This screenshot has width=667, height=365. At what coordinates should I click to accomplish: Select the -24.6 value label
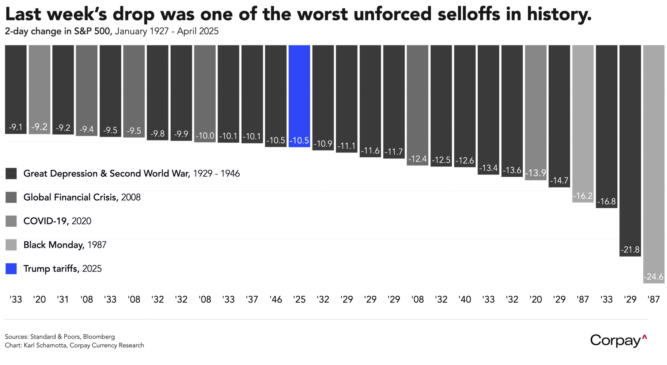[x=653, y=277]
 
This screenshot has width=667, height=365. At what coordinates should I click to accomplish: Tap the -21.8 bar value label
[x=630, y=250]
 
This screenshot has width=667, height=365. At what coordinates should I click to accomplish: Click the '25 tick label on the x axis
[x=299, y=300]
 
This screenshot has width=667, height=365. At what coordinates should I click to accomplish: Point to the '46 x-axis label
[x=276, y=300]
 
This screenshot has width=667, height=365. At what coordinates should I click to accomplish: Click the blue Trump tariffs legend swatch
[x=11, y=269]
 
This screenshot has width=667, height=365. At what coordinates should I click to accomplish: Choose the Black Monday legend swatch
[x=11, y=245]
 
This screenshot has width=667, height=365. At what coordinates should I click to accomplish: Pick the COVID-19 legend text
[x=57, y=221]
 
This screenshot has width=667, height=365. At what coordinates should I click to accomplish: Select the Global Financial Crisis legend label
[x=82, y=197]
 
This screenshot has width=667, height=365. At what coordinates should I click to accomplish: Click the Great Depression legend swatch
[x=11, y=174]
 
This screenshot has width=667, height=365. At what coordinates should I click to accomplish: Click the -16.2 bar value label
[x=583, y=196]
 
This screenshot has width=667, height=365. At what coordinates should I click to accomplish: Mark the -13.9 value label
[x=535, y=173]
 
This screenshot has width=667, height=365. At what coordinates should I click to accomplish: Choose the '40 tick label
[x=465, y=300]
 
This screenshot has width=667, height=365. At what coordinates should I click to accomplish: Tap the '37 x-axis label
[x=252, y=300]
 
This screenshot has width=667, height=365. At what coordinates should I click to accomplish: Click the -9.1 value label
[x=16, y=127]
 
